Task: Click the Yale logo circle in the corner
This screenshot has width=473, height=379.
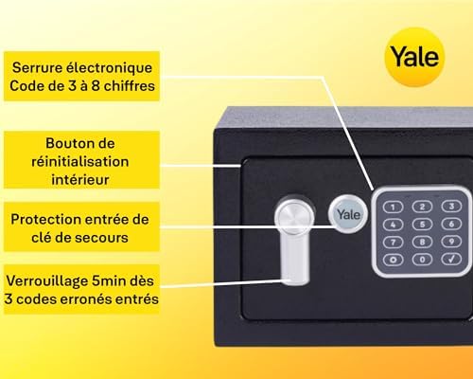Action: point(414,57)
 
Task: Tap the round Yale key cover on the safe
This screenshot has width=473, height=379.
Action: point(348,214)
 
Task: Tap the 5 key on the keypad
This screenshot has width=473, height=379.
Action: point(422,225)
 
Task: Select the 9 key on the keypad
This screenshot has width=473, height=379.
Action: point(451,242)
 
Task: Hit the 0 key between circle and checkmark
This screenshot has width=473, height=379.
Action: point(422,260)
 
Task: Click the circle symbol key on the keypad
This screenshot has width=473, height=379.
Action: point(394,260)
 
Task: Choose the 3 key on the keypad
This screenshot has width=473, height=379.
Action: point(451,207)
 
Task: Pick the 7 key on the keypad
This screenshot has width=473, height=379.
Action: point(394,243)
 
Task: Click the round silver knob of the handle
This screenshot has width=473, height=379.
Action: point(294,215)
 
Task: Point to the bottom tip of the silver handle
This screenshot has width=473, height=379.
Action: point(295,284)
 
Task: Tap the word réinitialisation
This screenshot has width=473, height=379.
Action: point(80,162)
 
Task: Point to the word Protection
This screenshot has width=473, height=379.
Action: point(44,219)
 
